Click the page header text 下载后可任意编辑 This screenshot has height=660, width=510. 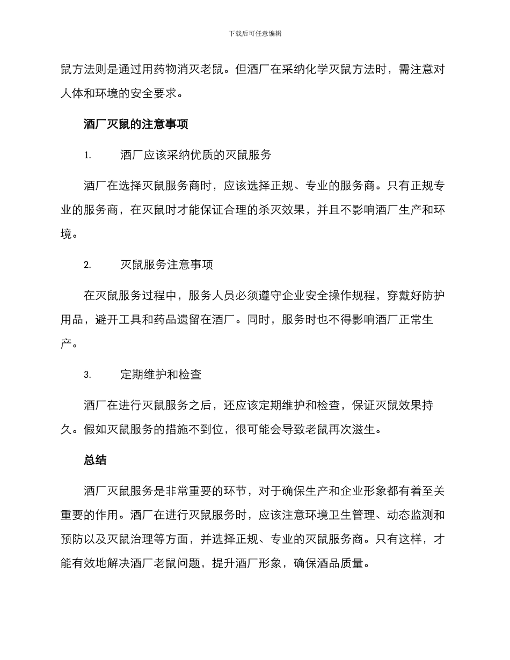click(x=255, y=33)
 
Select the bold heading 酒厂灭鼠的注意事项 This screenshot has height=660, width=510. click(x=136, y=125)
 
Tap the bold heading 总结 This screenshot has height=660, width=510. click(x=95, y=460)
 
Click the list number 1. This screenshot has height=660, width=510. click(x=87, y=156)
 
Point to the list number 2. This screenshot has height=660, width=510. click(x=87, y=265)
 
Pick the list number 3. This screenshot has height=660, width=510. click(x=87, y=375)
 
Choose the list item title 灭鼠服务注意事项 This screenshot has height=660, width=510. click(x=167, y=265)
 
